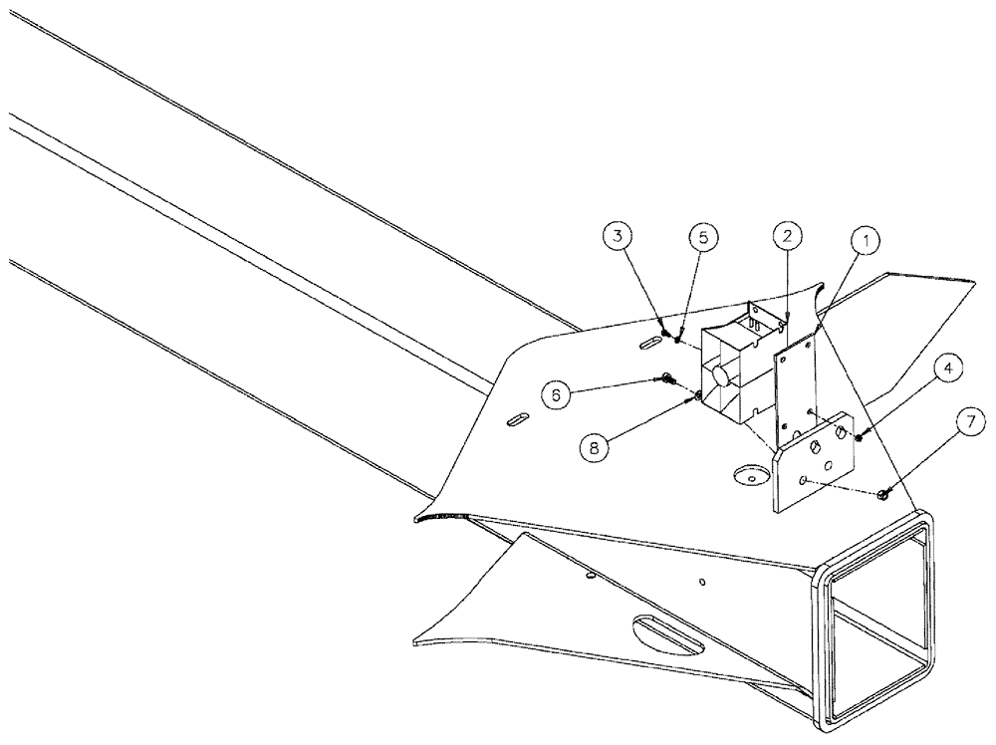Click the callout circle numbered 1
(866, 240)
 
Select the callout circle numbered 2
(787, 236)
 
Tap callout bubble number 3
(619, 237)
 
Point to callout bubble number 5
(702, 238)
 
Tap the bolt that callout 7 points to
(884, 494)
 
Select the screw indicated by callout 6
(666, 378)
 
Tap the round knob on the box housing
(717, 378)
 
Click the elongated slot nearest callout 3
(647, 343)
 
